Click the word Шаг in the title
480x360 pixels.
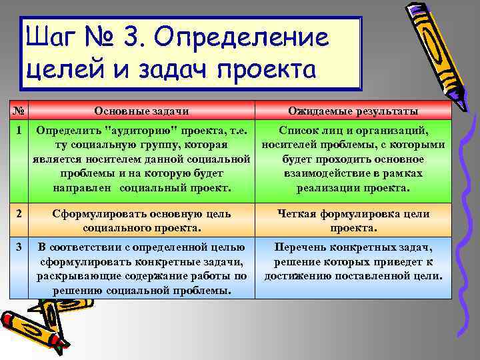tap(53, 38)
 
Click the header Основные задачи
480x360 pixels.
tap(141, 111)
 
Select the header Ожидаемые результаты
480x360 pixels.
tap(353, 111)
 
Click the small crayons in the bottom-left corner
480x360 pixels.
tap(40, 327)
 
